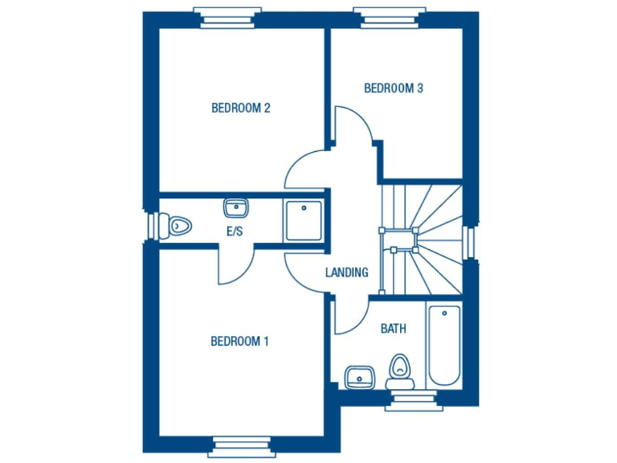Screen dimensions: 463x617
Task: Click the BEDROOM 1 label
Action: (239, 342)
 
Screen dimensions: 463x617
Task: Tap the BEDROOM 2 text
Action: (240, 108)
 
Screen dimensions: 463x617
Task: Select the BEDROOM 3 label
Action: (393, 88)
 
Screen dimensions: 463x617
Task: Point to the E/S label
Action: (235, 231)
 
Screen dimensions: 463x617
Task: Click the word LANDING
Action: (346, 272)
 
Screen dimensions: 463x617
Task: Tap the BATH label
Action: (393, 329)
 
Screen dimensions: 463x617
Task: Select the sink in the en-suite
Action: (235, 208)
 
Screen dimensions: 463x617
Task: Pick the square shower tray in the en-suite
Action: (304, 220)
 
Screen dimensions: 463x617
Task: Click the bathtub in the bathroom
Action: (443, 345)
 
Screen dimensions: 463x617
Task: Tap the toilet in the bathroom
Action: (398, 369)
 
